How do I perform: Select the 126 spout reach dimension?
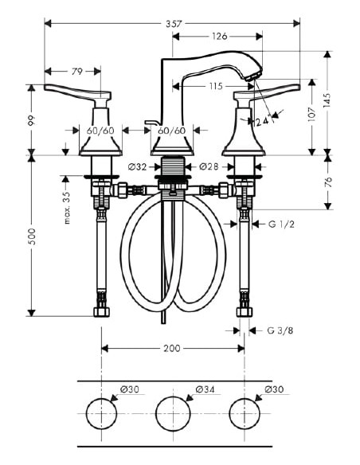[x=220, y=35]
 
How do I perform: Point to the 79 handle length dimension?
[x=76, y=72]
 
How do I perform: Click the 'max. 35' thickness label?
[x=68, y=205]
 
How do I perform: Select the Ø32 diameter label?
[x=138, y=166]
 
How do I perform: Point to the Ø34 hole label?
[x=205, y=389]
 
